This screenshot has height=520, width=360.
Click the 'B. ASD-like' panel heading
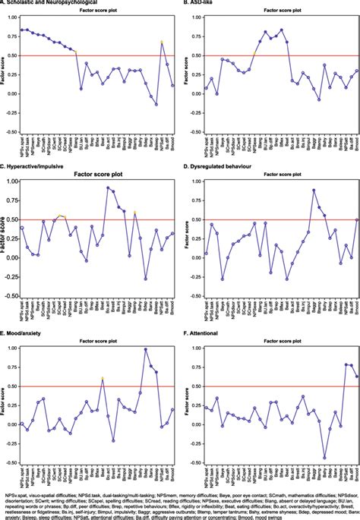point(205,3)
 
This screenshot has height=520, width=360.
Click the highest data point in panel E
point(145,349)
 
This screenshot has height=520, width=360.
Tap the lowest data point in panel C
point(146,279)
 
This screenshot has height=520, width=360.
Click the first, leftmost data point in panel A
point(22,30)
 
